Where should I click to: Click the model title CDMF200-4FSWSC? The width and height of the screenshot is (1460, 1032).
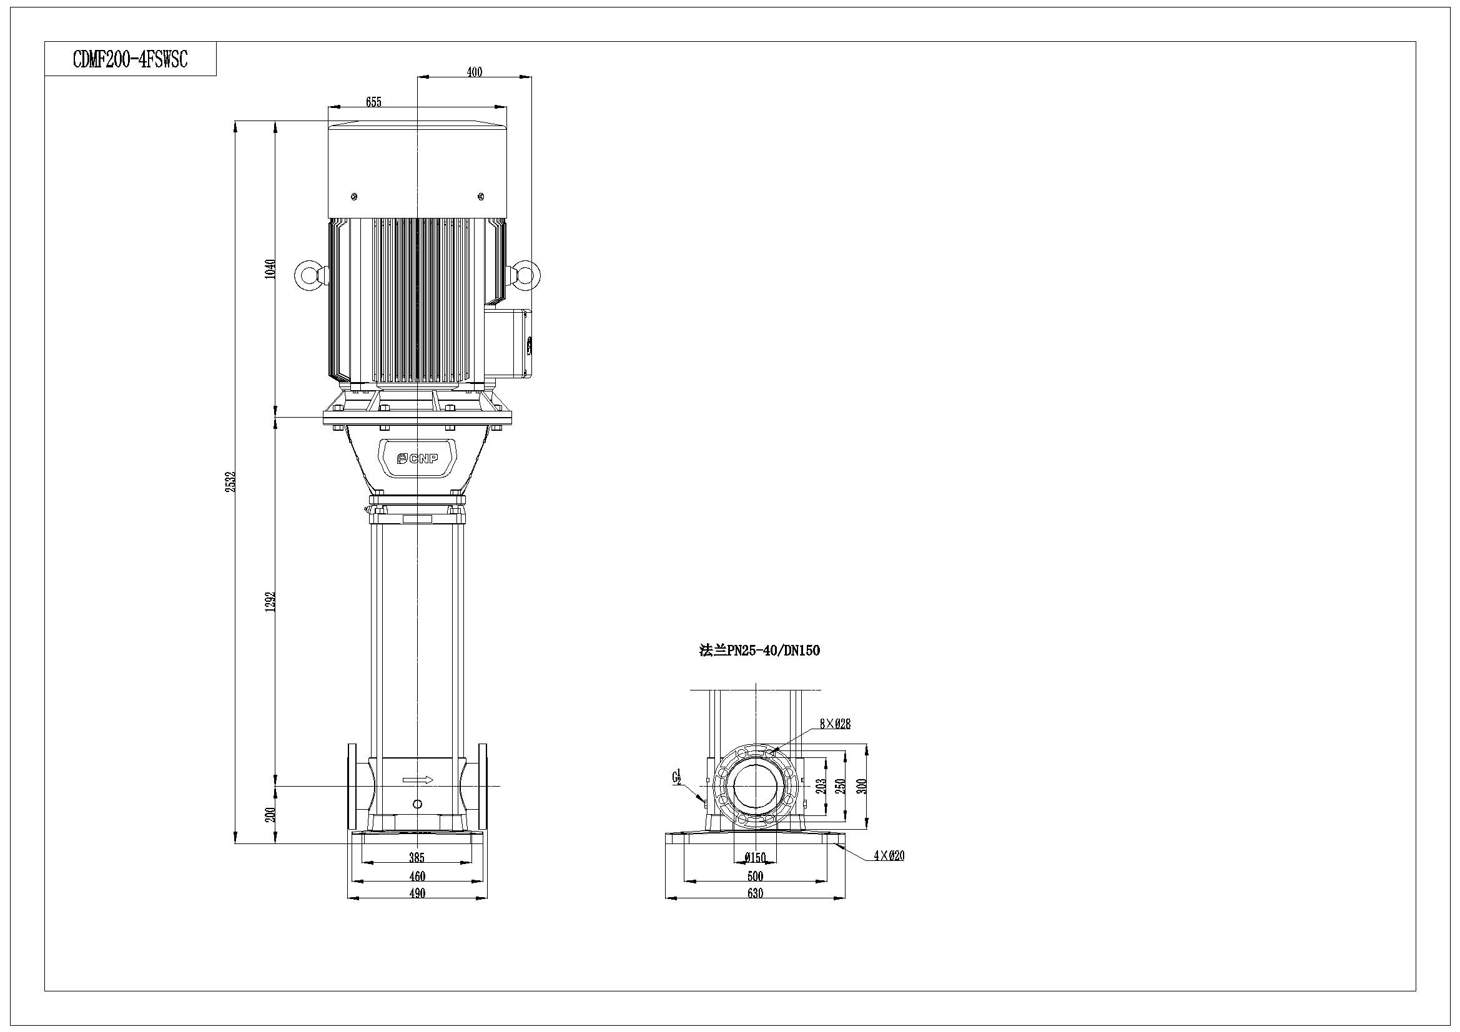pyautogui.click(x=131, y=59)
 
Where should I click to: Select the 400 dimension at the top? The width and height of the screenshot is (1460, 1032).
pyautogui.click(x=475, y=72)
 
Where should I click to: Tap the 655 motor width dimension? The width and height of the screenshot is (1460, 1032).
pyautogui.click(x=374, y=102)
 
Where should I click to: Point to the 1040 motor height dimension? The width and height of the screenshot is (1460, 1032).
pyautogui.click(x=270, y=269)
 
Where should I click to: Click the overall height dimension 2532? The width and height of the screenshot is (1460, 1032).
pyautogui.click(x=230, y=481)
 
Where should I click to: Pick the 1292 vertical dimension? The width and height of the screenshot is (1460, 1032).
pyautogui.click(x=270, y=601)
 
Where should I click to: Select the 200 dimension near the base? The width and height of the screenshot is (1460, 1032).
pyautogui.click(x=270, y=815)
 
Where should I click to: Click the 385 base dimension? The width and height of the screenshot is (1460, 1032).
pyautogui.click(x=417, y=858)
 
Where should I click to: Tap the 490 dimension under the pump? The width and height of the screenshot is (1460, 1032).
pyautogui.click(x=417, y=893)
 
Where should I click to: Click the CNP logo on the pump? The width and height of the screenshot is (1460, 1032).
pyautogui.click(x=417, y=458)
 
